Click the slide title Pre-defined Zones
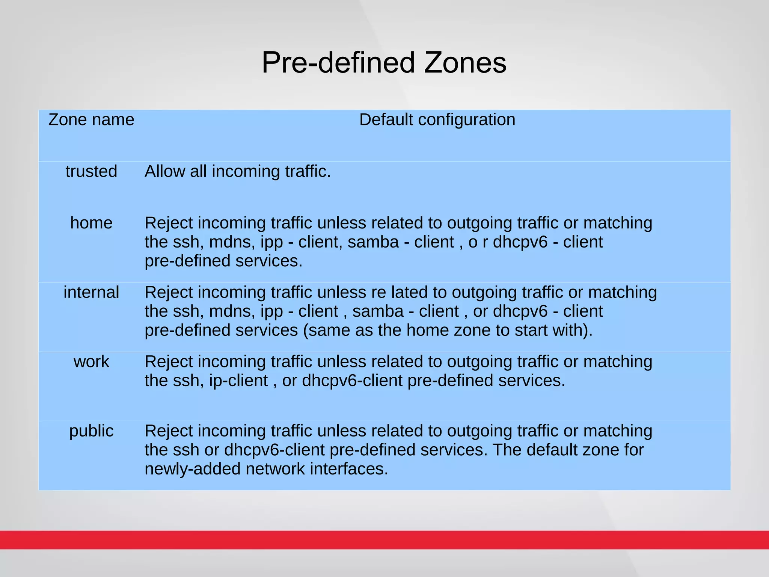[x=384, y=62]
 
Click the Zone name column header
[x=91, y=120]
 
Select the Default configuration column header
[x=437, y=120]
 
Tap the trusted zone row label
[x=91, y=171]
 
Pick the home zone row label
[x=91, y=223]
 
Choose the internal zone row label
[x=91, y=292]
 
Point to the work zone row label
[x=91, y=362]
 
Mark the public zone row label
[x=91, y=431]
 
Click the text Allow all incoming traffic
[x=237, y=171]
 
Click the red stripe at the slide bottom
[x=384, y=540]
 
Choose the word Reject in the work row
[x=169, y=362]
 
